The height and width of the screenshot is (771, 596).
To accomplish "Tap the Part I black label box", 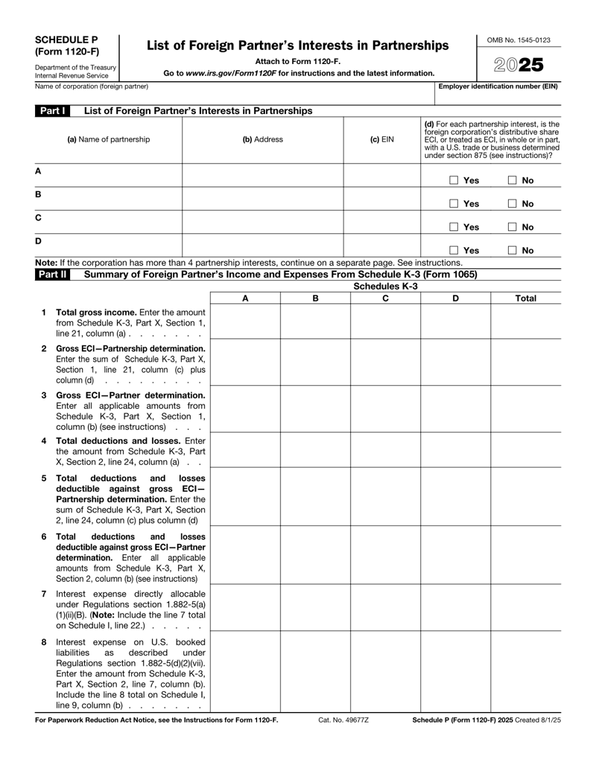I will (54, 111).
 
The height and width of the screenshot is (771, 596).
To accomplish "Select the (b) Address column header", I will (262, 139).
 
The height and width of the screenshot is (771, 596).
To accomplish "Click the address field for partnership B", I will (262, 198).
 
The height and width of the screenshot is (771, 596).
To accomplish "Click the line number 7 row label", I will (44, 594).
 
